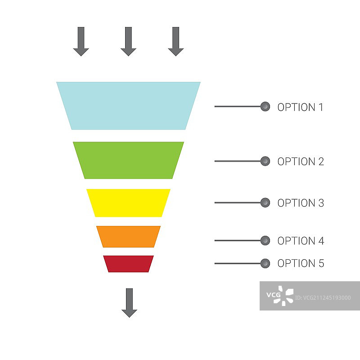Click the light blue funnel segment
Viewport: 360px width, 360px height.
(128, 106)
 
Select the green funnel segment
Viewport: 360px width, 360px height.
(128, 160)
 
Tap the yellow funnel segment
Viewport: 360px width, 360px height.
(128, 202)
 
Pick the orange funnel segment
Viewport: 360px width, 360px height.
(128, 236)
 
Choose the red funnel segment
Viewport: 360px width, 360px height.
(128, 264)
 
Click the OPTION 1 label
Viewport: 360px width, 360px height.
(300, 107)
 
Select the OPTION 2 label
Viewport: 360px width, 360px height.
(301, 162)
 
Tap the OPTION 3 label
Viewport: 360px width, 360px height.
(301, 203)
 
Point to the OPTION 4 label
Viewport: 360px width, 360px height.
(301, 241)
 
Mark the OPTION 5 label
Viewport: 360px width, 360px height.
(301, 263)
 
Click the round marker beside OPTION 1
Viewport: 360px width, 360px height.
(265, 107)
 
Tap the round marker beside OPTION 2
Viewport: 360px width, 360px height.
(265, 161)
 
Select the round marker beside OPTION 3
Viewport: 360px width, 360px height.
(265, 202)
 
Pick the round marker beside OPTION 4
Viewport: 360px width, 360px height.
(265, 240)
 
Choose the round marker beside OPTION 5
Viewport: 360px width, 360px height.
(265, 263)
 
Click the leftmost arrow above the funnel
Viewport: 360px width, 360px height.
(81, 41)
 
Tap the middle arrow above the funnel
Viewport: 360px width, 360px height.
(128, 41)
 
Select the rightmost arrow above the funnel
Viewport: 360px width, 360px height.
(176, 41)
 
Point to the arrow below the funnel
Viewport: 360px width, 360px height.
(129, 303)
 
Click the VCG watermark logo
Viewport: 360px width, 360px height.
(279, 295)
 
